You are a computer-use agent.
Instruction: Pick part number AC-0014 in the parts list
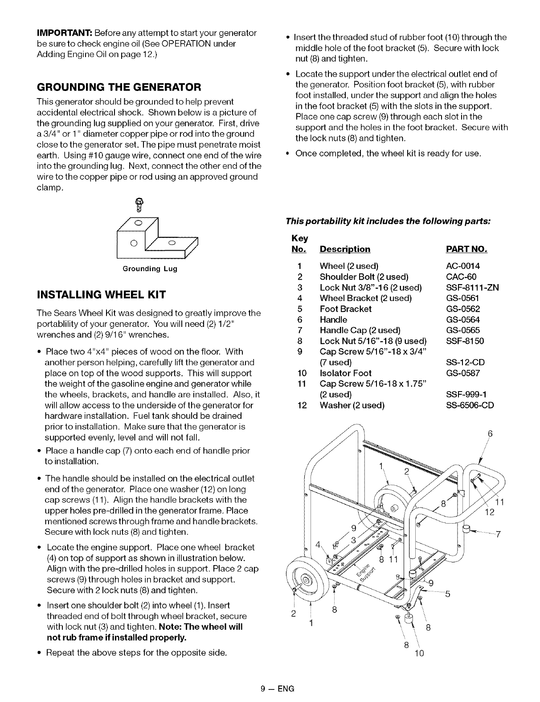coord(463,266)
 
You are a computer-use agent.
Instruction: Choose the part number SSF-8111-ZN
coord(472,287)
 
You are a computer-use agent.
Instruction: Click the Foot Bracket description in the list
coord(345,309)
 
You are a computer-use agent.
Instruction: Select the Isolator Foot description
coord(345,373)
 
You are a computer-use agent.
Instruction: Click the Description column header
coord(345,248)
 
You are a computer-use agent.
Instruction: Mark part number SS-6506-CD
coord(470,405)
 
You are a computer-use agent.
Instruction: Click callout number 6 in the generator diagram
coord(490,433)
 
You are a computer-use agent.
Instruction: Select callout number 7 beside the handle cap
coord(499,534)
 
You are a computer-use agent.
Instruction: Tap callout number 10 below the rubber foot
coord(418,653)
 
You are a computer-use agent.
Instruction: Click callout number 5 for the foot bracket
coord(448,594)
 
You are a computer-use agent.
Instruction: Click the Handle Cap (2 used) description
coord(360,330)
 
